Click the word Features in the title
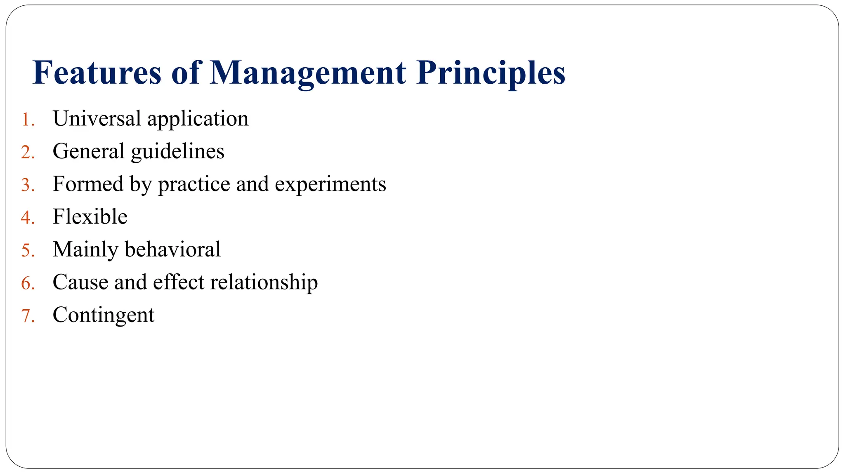pos(97,73)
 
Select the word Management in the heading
pos(308,73)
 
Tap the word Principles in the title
pos(491,73)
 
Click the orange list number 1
pos(27,120)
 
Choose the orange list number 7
pos(27,316)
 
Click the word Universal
pos(97,119)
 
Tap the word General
pos(88,151)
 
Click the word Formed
pos(88,184)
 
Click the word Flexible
pos(90,217)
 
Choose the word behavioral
pos(172,249)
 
